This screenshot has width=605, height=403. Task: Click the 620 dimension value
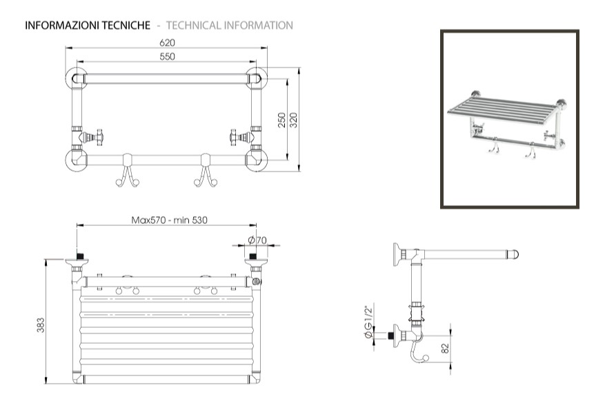pos(168,43)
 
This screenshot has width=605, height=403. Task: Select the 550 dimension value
pos(168,56)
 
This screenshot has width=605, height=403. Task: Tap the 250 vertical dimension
pos(281,121)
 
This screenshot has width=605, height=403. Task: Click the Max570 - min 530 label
pos(169,220)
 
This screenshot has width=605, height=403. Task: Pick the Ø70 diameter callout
pos(257,240)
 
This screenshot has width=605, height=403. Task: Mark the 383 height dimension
pos(41,324)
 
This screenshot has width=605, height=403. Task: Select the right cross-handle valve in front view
pos(243,136)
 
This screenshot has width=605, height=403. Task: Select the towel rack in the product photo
pos(509,121)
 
